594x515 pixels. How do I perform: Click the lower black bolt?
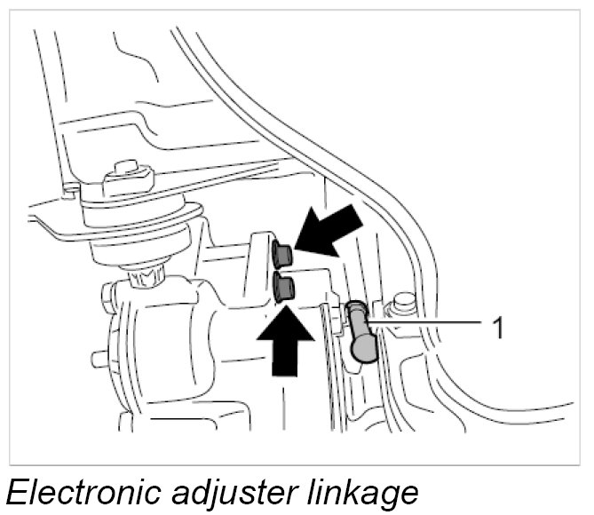285,288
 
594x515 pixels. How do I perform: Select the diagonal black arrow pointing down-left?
329,229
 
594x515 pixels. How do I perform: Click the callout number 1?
498,329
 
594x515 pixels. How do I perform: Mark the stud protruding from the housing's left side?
99,359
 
